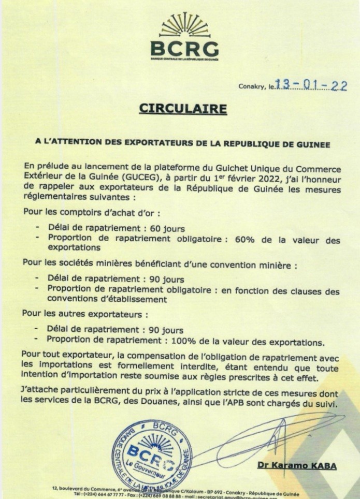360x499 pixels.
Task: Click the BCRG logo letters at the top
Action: click(184, 49)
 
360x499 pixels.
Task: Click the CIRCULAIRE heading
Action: click(183, 109)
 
